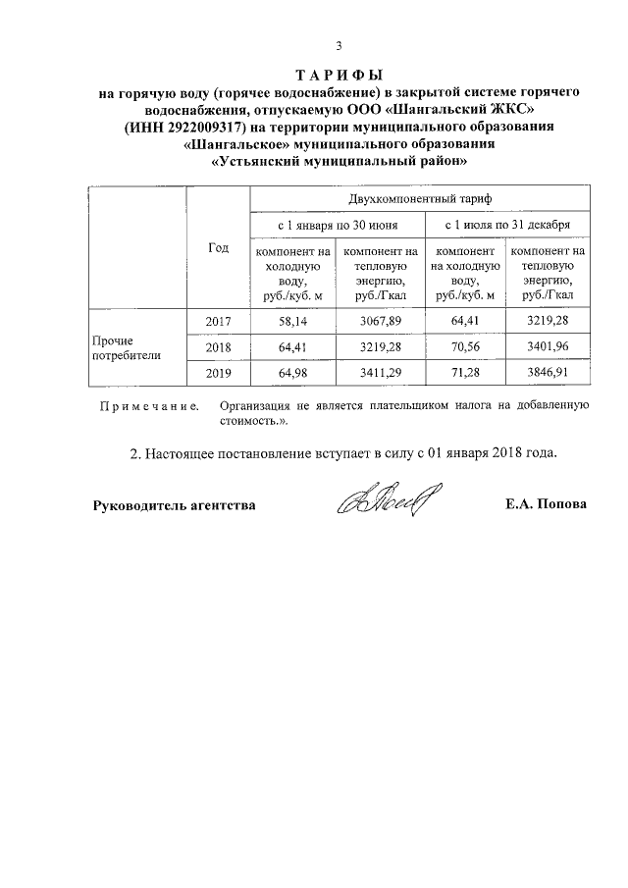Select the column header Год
(218, 248)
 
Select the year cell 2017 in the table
(218, 321)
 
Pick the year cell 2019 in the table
(218, 374)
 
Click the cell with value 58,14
(292, 321)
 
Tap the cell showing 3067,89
(377, 321)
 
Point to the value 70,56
(464, 347)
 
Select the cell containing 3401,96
(548, 347)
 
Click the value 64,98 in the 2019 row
(292, 374)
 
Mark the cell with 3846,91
(548, 374)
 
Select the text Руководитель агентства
(175, 505)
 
